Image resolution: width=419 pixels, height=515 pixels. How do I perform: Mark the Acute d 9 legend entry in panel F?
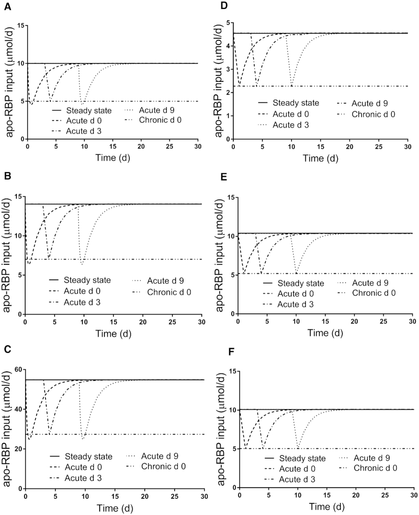pyautogui.click(x=374, y=458)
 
